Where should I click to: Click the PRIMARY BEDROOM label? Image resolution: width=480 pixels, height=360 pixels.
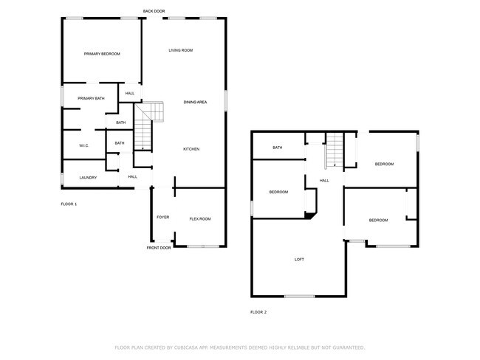(x=102, y=54)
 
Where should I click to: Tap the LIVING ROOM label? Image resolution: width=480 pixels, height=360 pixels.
(x=181, y=50)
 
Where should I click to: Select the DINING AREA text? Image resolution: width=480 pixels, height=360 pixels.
(x=195, y=102)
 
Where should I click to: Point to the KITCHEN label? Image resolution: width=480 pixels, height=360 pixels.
(x=191, y=149)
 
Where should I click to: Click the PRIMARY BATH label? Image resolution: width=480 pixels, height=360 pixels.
(x=91, y=98)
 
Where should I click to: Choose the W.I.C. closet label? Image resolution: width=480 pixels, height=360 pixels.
(x=84, y=145)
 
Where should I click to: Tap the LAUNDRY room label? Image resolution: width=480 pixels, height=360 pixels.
(x=89, y=177)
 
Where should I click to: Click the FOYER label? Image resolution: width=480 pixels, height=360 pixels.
(x=163, y=218)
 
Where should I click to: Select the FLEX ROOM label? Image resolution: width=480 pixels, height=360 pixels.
(x=200, y=219)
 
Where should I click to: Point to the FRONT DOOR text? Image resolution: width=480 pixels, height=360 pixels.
(x=159, y=248)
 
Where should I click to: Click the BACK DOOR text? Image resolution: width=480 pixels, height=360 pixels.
(x=155, y=11)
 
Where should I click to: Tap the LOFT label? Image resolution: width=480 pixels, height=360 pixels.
(x=299, y=260)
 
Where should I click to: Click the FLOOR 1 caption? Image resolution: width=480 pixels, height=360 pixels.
(x=69, y=204)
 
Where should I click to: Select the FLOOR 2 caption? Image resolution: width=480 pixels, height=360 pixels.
(x=258, y=312)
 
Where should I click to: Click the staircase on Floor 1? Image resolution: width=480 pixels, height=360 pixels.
(x=152, y=113)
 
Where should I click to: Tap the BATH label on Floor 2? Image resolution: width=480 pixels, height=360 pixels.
(x=278, y=148)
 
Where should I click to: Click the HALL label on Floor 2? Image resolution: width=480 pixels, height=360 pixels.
(x=324, y=181)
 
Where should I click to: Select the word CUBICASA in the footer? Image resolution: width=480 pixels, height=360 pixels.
(x=188, y=347)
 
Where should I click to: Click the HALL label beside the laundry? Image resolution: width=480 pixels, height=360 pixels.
(x=133, y=177)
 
